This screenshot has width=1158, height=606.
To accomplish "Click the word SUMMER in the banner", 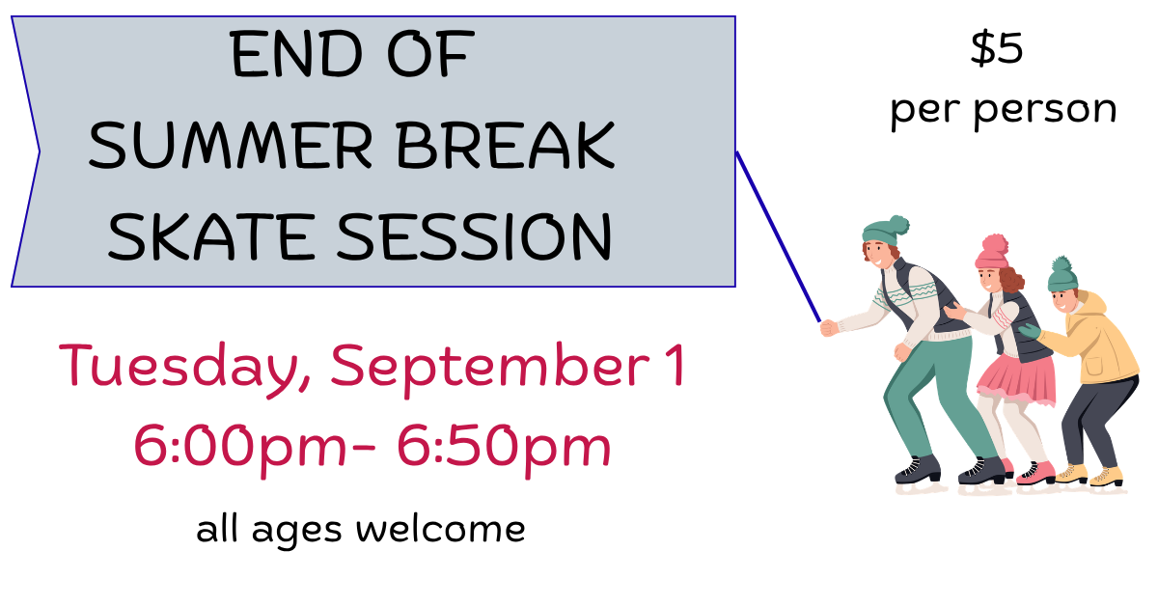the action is pos(231,146).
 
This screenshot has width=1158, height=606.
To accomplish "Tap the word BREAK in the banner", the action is pos(506,146).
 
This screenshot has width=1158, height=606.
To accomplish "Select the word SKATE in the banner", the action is pos(211,236).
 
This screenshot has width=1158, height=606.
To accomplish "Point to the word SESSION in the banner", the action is pos(474,236).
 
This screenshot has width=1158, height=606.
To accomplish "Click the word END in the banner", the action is pos(295,54).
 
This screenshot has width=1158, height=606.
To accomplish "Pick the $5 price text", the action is pos(997,48).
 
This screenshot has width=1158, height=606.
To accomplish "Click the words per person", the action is pos(1004,111).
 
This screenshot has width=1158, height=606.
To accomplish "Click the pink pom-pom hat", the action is pos(992,252).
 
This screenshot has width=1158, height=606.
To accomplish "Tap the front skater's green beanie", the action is pos(885,231).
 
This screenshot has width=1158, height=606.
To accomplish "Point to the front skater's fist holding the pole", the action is pos(829,328).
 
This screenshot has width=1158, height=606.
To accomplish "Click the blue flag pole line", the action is pos(778,236).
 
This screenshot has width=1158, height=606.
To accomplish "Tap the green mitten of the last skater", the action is pos(1030,331).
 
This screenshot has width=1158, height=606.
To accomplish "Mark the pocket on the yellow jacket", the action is pos(1094,366).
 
